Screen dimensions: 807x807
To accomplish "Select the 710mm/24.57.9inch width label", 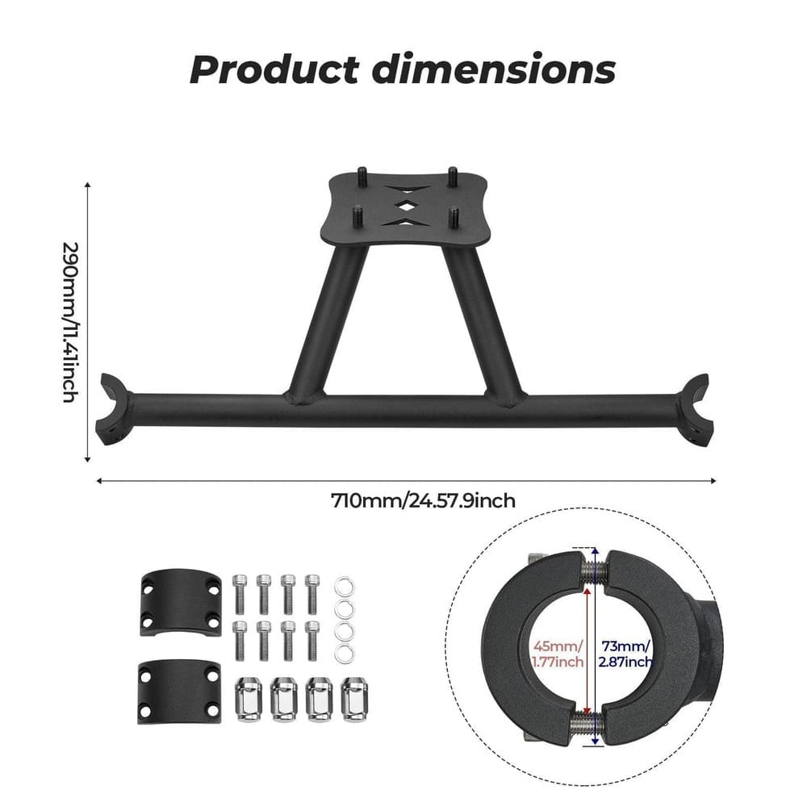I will [x=423, y=501].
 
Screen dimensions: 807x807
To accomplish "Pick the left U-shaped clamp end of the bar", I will [x=112, y=409].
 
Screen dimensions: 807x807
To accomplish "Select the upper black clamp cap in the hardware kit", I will [x=180, y=604].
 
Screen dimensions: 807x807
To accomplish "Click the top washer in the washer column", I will [x=345, y=583].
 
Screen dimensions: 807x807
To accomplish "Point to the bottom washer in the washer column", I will [x=345, y=653].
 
